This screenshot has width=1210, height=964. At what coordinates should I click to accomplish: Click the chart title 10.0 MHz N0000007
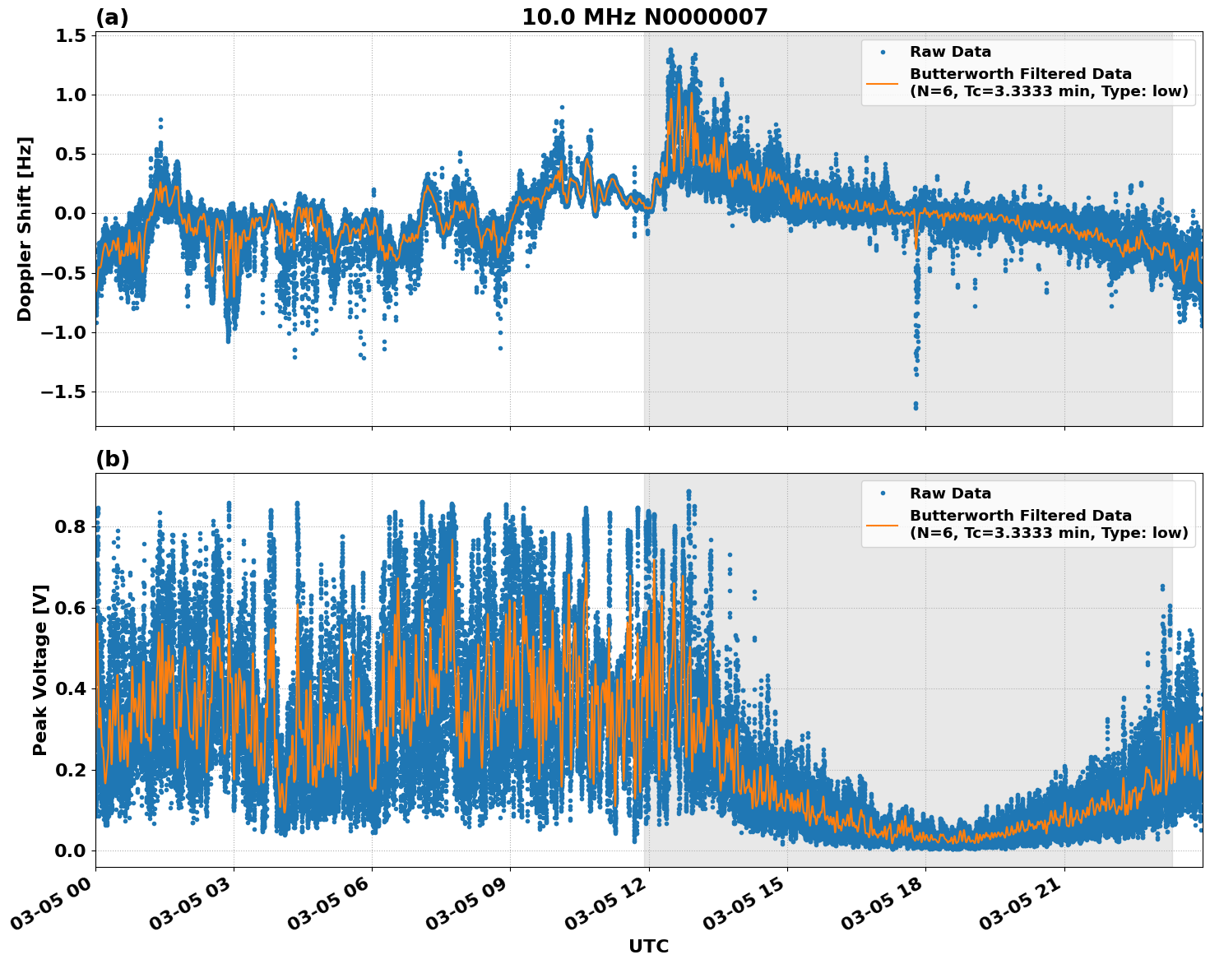pos(644,16)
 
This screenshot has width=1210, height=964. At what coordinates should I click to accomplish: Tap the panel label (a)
pos(112,17)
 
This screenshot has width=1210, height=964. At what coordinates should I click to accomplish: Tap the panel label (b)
pos(112,459)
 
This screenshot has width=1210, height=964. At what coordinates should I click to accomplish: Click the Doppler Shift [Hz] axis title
pos(25,229)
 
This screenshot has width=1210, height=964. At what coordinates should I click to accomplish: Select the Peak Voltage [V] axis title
pos(40,670)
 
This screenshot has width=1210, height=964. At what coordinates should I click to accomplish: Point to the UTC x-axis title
pos(648,946)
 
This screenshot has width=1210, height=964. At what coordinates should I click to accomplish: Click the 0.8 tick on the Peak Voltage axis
pos(70,526)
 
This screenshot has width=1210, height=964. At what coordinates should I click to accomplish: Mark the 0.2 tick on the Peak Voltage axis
pos(70,770)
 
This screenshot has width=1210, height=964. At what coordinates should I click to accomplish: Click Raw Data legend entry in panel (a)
pos(950,52)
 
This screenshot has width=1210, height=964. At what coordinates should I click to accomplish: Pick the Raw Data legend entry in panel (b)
pos(950,494)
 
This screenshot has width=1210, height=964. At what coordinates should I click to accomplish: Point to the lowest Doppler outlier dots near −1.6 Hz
pos(916,405)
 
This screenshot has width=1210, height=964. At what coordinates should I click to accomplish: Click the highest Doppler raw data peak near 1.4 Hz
pos(670,51)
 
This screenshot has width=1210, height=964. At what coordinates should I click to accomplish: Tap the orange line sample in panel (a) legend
pos(883,83)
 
